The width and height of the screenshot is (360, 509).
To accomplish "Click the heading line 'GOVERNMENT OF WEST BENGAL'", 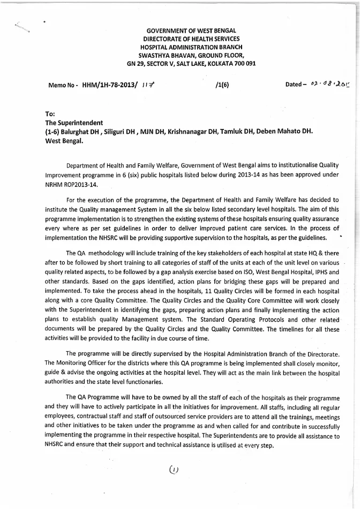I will tap(191, 31).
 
